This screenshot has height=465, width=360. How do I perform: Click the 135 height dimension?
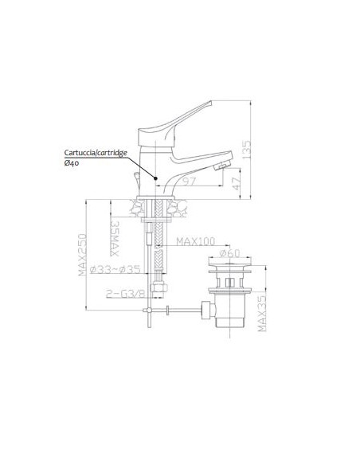tap(247, 149)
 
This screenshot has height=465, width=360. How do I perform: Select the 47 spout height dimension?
tap(237, 184)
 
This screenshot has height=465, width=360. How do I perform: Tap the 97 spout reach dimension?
tap(189, 181)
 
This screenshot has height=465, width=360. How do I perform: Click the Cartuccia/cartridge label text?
tap(96, 153)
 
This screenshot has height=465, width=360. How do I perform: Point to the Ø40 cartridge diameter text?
tap(72, 162)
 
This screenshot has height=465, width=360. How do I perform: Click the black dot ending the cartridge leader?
tap(155, 178)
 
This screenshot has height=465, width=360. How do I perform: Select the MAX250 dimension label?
tap(83, 255)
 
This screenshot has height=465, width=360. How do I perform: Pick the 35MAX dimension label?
tap(115, 238)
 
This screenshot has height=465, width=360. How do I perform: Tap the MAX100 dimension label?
tap(196, 241)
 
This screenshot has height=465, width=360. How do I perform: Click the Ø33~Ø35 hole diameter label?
tap(115, 269)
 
